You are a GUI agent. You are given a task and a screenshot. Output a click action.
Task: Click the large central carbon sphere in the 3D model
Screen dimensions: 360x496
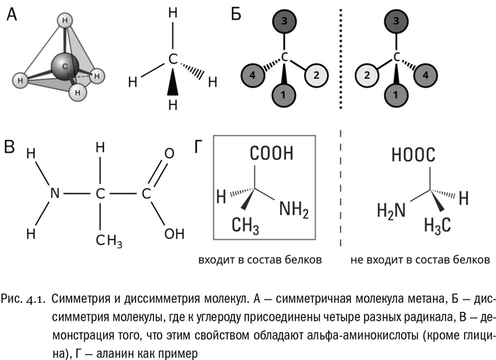pos(65,66)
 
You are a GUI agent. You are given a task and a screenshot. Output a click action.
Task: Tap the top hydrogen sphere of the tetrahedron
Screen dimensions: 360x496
pos(64,21)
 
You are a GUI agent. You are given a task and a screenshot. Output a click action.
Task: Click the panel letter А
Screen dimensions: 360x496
pos(12,15)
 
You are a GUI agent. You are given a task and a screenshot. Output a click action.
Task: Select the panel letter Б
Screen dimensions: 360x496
pos(236,15)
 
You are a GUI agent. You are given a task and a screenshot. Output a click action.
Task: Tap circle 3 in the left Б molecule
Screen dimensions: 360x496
pos(284,23)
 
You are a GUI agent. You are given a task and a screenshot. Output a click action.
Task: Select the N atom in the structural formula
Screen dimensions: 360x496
pos(55,194)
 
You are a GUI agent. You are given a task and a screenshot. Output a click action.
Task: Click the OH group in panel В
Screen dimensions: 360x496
pos(174,233)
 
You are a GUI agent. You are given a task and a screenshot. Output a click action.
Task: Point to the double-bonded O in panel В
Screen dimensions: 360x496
pos(169,154)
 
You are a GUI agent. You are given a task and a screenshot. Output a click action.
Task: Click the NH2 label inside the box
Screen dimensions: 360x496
pos(294,210)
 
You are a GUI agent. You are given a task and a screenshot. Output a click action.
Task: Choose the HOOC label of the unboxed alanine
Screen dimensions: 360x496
pos(413,155)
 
